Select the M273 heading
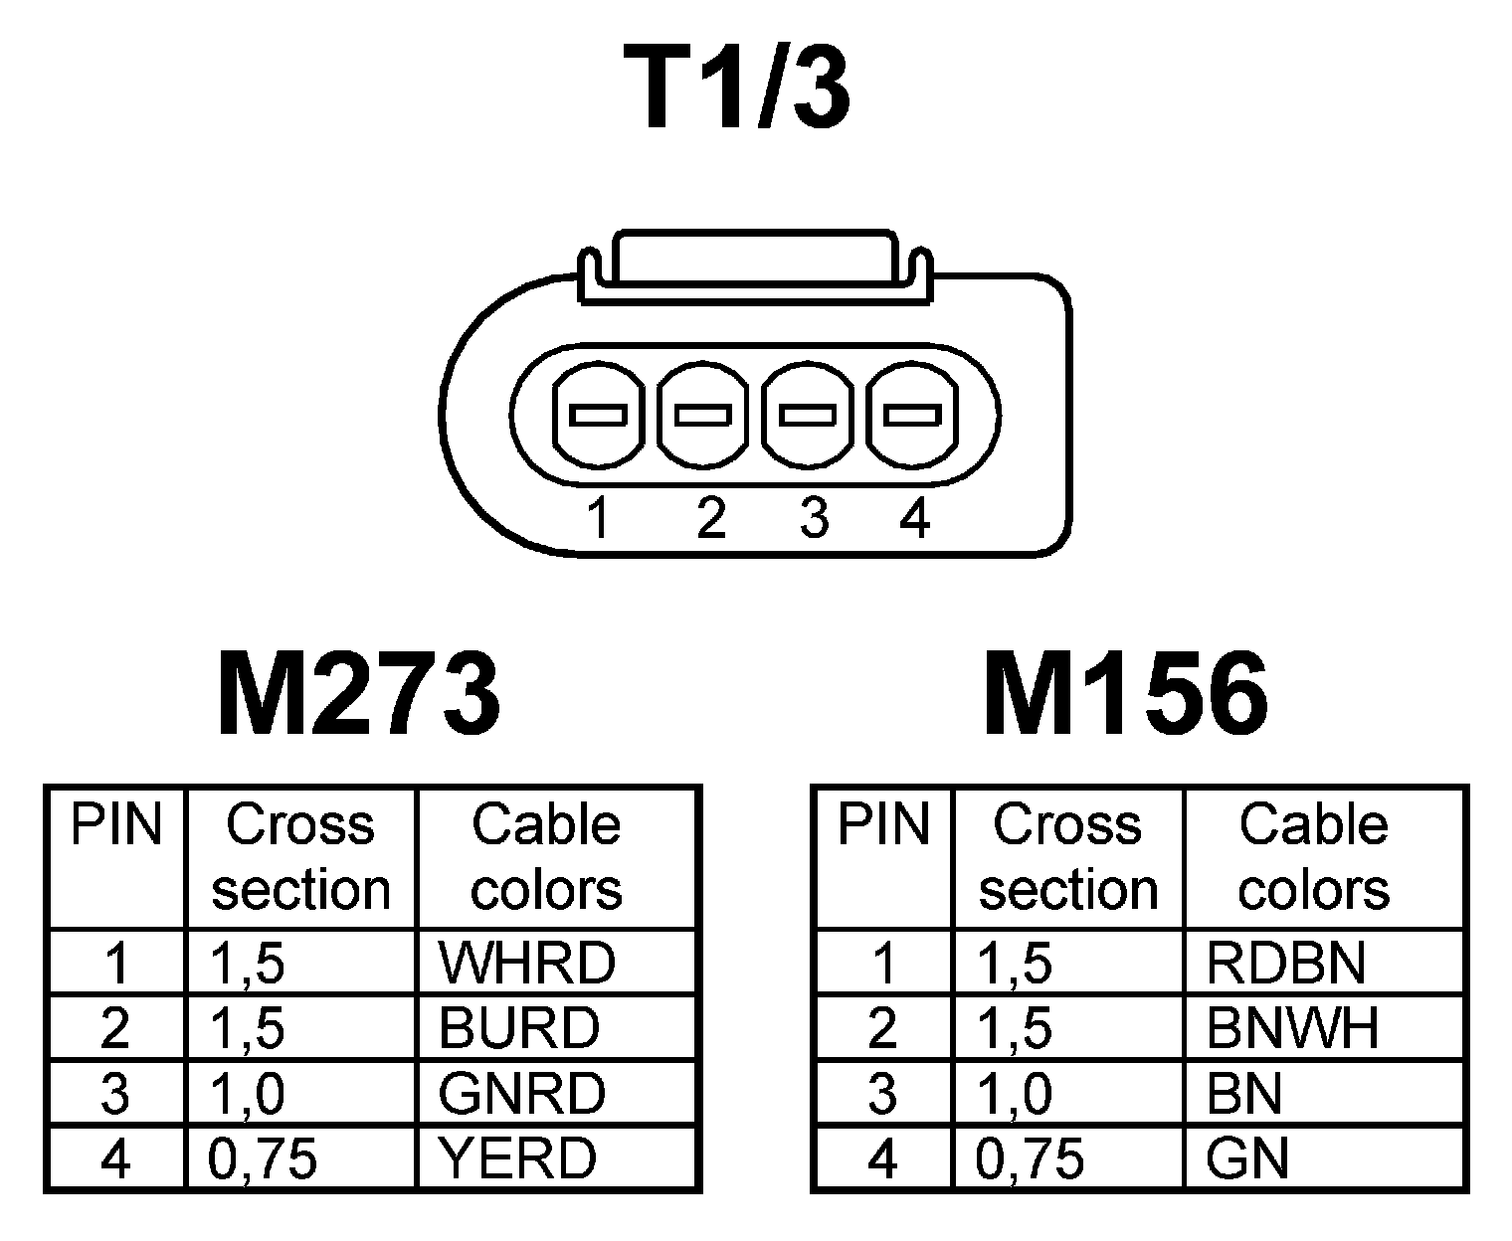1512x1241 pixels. tap(358, 695)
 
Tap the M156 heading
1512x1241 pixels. tap(1125, 695)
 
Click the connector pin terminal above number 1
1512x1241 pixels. tap(598, 415)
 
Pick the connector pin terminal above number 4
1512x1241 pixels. tap(912, 415)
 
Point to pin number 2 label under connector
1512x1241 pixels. tap(711, 518)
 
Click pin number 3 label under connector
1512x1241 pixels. tap(814, 518)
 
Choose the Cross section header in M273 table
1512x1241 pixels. tap(300, 857)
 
